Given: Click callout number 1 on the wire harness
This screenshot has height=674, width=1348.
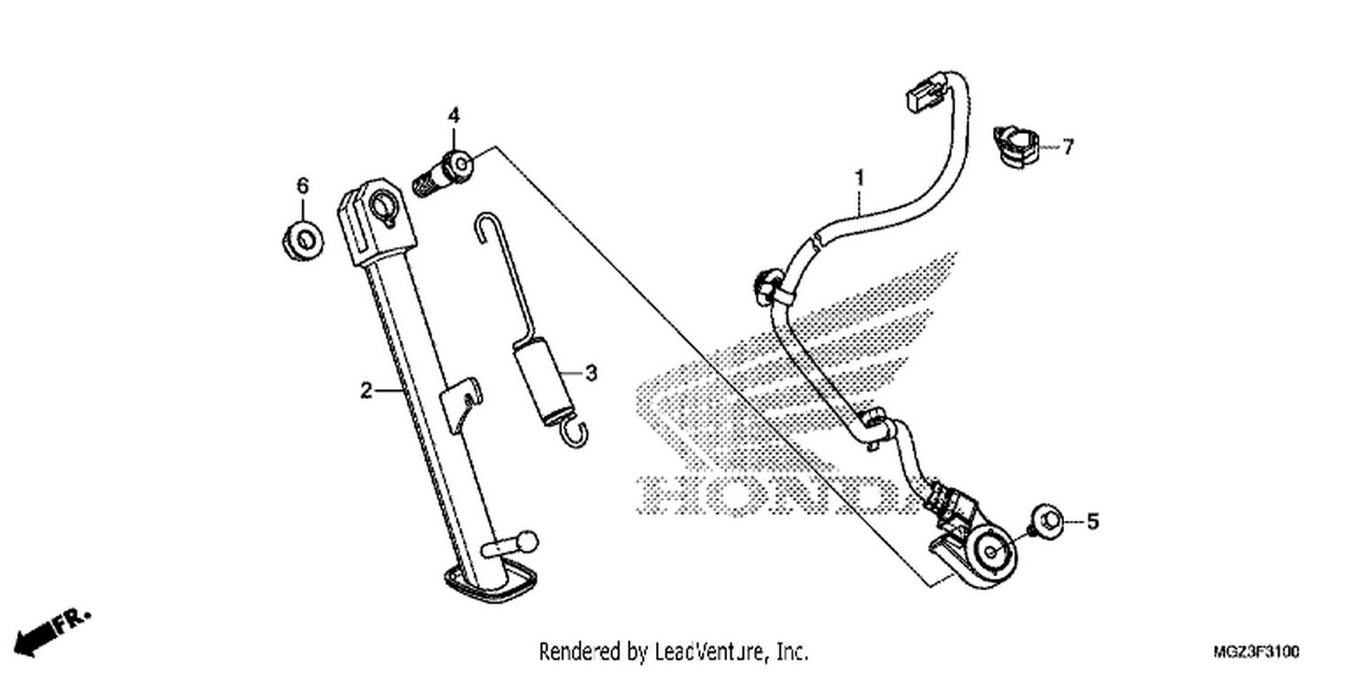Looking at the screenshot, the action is (860, 178).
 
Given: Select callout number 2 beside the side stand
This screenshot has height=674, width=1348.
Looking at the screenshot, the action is (366, 391).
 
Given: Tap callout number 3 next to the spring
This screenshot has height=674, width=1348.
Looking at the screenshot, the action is (591, 373).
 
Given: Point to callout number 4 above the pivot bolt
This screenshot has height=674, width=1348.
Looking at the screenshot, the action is (453, 115).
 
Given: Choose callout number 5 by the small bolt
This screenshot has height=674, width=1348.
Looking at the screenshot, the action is (1092, 521).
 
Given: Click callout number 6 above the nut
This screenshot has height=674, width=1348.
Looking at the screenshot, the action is (302, 186).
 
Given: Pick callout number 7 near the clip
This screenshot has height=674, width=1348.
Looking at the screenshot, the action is (1068, 146).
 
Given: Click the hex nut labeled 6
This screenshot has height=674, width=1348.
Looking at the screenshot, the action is (304, 241).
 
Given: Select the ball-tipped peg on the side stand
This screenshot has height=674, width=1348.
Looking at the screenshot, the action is (512, 544).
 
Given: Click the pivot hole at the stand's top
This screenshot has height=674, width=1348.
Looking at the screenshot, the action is (384, 207).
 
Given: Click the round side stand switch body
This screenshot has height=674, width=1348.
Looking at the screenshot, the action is (992, 554).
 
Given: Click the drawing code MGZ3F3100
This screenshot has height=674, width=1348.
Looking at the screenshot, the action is (1256, 652).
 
